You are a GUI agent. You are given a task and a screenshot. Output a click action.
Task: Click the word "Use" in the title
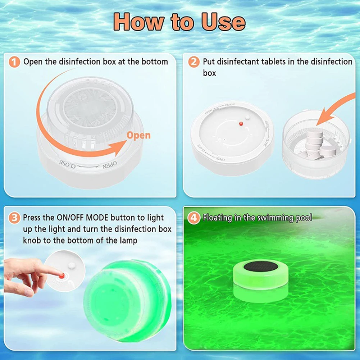click(223, 22)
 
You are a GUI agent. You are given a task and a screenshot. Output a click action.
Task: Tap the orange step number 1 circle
click(14, 62)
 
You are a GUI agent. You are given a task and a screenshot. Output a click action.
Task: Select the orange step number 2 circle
click(194, 62)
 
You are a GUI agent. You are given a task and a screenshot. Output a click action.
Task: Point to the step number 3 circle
click(14, 218)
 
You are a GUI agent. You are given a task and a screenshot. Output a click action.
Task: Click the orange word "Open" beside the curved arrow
click(138, 136)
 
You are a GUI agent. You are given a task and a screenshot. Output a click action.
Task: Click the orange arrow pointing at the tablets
click(334, 108)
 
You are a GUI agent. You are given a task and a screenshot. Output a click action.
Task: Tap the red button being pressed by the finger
click(62, 275)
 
